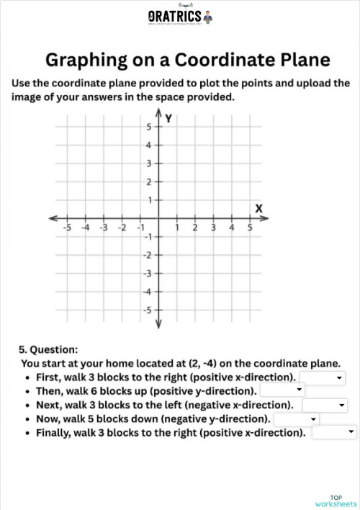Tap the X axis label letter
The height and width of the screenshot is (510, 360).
(x=259, y=208)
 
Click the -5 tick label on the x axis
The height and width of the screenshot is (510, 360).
(x=66, y=228)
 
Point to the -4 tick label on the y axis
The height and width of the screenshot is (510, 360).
(x=146, y=292)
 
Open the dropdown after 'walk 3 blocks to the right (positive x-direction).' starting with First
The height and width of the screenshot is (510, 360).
(x=323, y=377)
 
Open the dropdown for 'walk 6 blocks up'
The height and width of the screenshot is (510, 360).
(x=283, y=391)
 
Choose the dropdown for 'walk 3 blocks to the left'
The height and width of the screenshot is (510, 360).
(x=325, y=405)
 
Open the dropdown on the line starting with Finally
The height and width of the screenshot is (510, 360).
(x=334, y=432)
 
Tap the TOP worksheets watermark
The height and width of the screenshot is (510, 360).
(x=336, y=501)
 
